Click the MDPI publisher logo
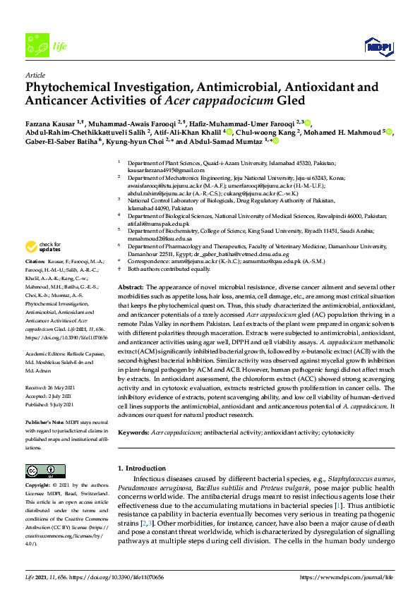(380, 47)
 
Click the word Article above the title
(35, 74)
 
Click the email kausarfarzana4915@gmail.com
(163, 170)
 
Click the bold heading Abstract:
(131, 289)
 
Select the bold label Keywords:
(133, 432)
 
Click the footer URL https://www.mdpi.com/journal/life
(346, 577)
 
